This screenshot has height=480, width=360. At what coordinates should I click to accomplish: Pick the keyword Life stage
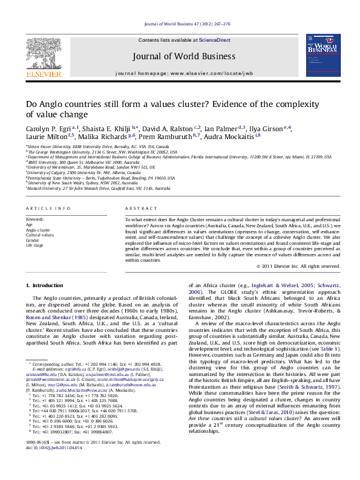pyautogui.click(x=34, y=245)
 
